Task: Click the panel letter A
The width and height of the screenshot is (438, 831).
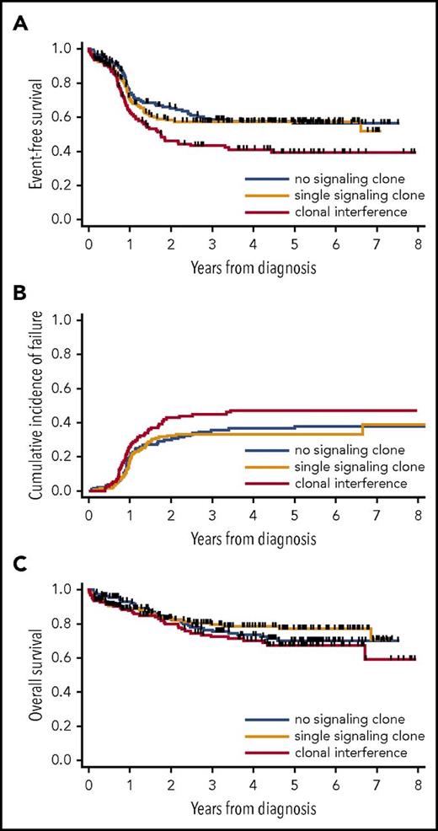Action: pos(15,24)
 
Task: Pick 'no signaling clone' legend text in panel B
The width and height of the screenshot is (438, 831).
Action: pos(349,449)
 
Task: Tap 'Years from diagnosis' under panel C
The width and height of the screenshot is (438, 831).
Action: pos(253,808)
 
